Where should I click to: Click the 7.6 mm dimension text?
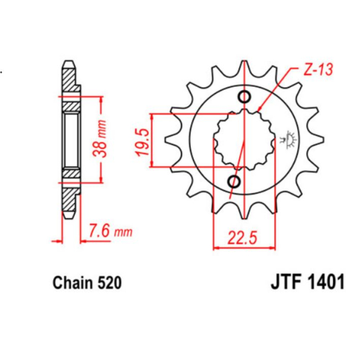pyautogui.click(x=109, y=232)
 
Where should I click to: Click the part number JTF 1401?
pyautogui.click(x=304, y=283)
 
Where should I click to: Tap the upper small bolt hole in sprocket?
pyautogui.click(x=245, y=98)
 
